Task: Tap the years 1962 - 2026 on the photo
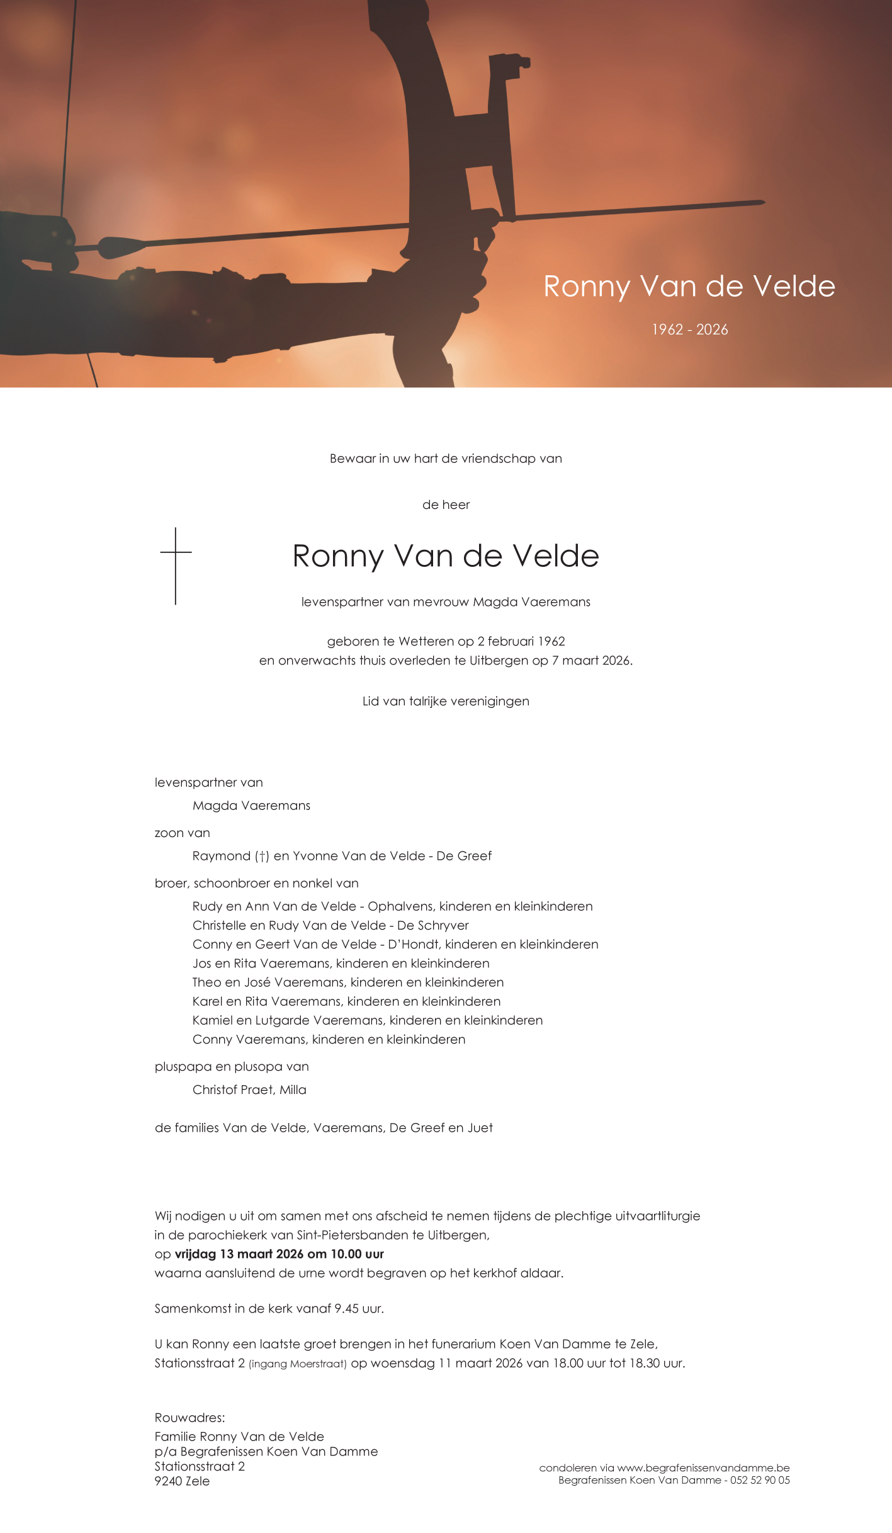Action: (690, 329)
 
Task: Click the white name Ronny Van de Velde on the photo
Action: (689, 287)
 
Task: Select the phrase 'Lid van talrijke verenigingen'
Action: (446, 701)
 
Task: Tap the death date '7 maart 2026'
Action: (591, 660)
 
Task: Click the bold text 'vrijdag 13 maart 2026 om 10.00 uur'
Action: (279, 1253)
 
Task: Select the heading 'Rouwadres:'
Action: (189, 1417)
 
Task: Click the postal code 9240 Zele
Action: (182, 1481)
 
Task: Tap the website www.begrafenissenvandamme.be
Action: (703, 1467)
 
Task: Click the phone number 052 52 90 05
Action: (760, 1480)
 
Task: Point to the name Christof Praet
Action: (232, 1090)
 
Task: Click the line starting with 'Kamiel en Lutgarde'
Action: (367, 1020)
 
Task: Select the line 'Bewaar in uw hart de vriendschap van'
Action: (446, 459)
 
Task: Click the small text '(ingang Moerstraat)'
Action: (297, 1364)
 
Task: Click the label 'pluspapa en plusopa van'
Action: (232, 1066)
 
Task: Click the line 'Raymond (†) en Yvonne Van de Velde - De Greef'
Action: (342, 855)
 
